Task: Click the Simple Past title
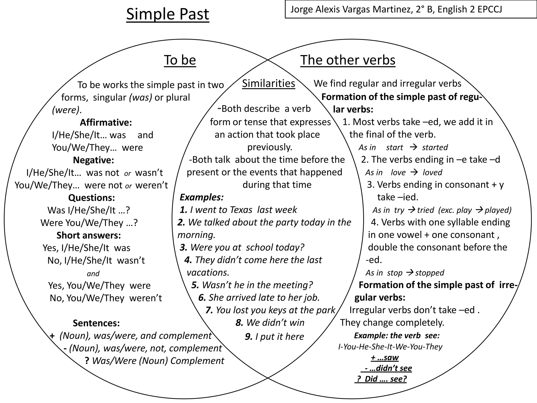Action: tap(168, 14)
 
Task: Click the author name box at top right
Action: tap(411, 9)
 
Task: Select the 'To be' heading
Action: tap(180, 60)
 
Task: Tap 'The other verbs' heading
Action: tap(348, 60)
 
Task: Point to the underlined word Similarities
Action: tap(268, 84)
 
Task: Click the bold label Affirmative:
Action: tap(106, 123)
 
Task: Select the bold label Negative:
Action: tap(93, 160)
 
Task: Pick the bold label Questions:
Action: tap(92, 198)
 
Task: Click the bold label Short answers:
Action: tap(89, 235)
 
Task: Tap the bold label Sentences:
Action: tap(96, 323)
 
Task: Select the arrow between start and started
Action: tap(413, 147)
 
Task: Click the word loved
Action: tap(432, 172)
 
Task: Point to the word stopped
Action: tap(429, 273)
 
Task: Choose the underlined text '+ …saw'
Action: tap(385, 358)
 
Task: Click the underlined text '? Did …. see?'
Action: tap(382, 379)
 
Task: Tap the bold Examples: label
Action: tap(201, 197)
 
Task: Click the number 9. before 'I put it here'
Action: tap(249, 337)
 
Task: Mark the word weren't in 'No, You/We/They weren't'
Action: tap(146, 298)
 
